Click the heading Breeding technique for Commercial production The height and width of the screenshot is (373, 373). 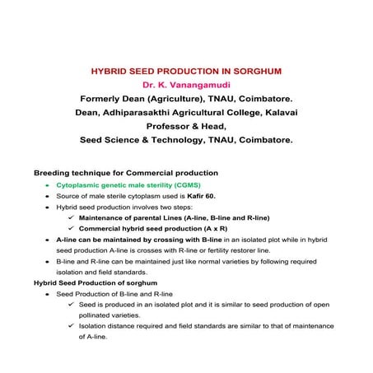125,174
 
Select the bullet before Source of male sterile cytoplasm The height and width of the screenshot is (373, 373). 49,198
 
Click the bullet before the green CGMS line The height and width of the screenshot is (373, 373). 49,187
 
